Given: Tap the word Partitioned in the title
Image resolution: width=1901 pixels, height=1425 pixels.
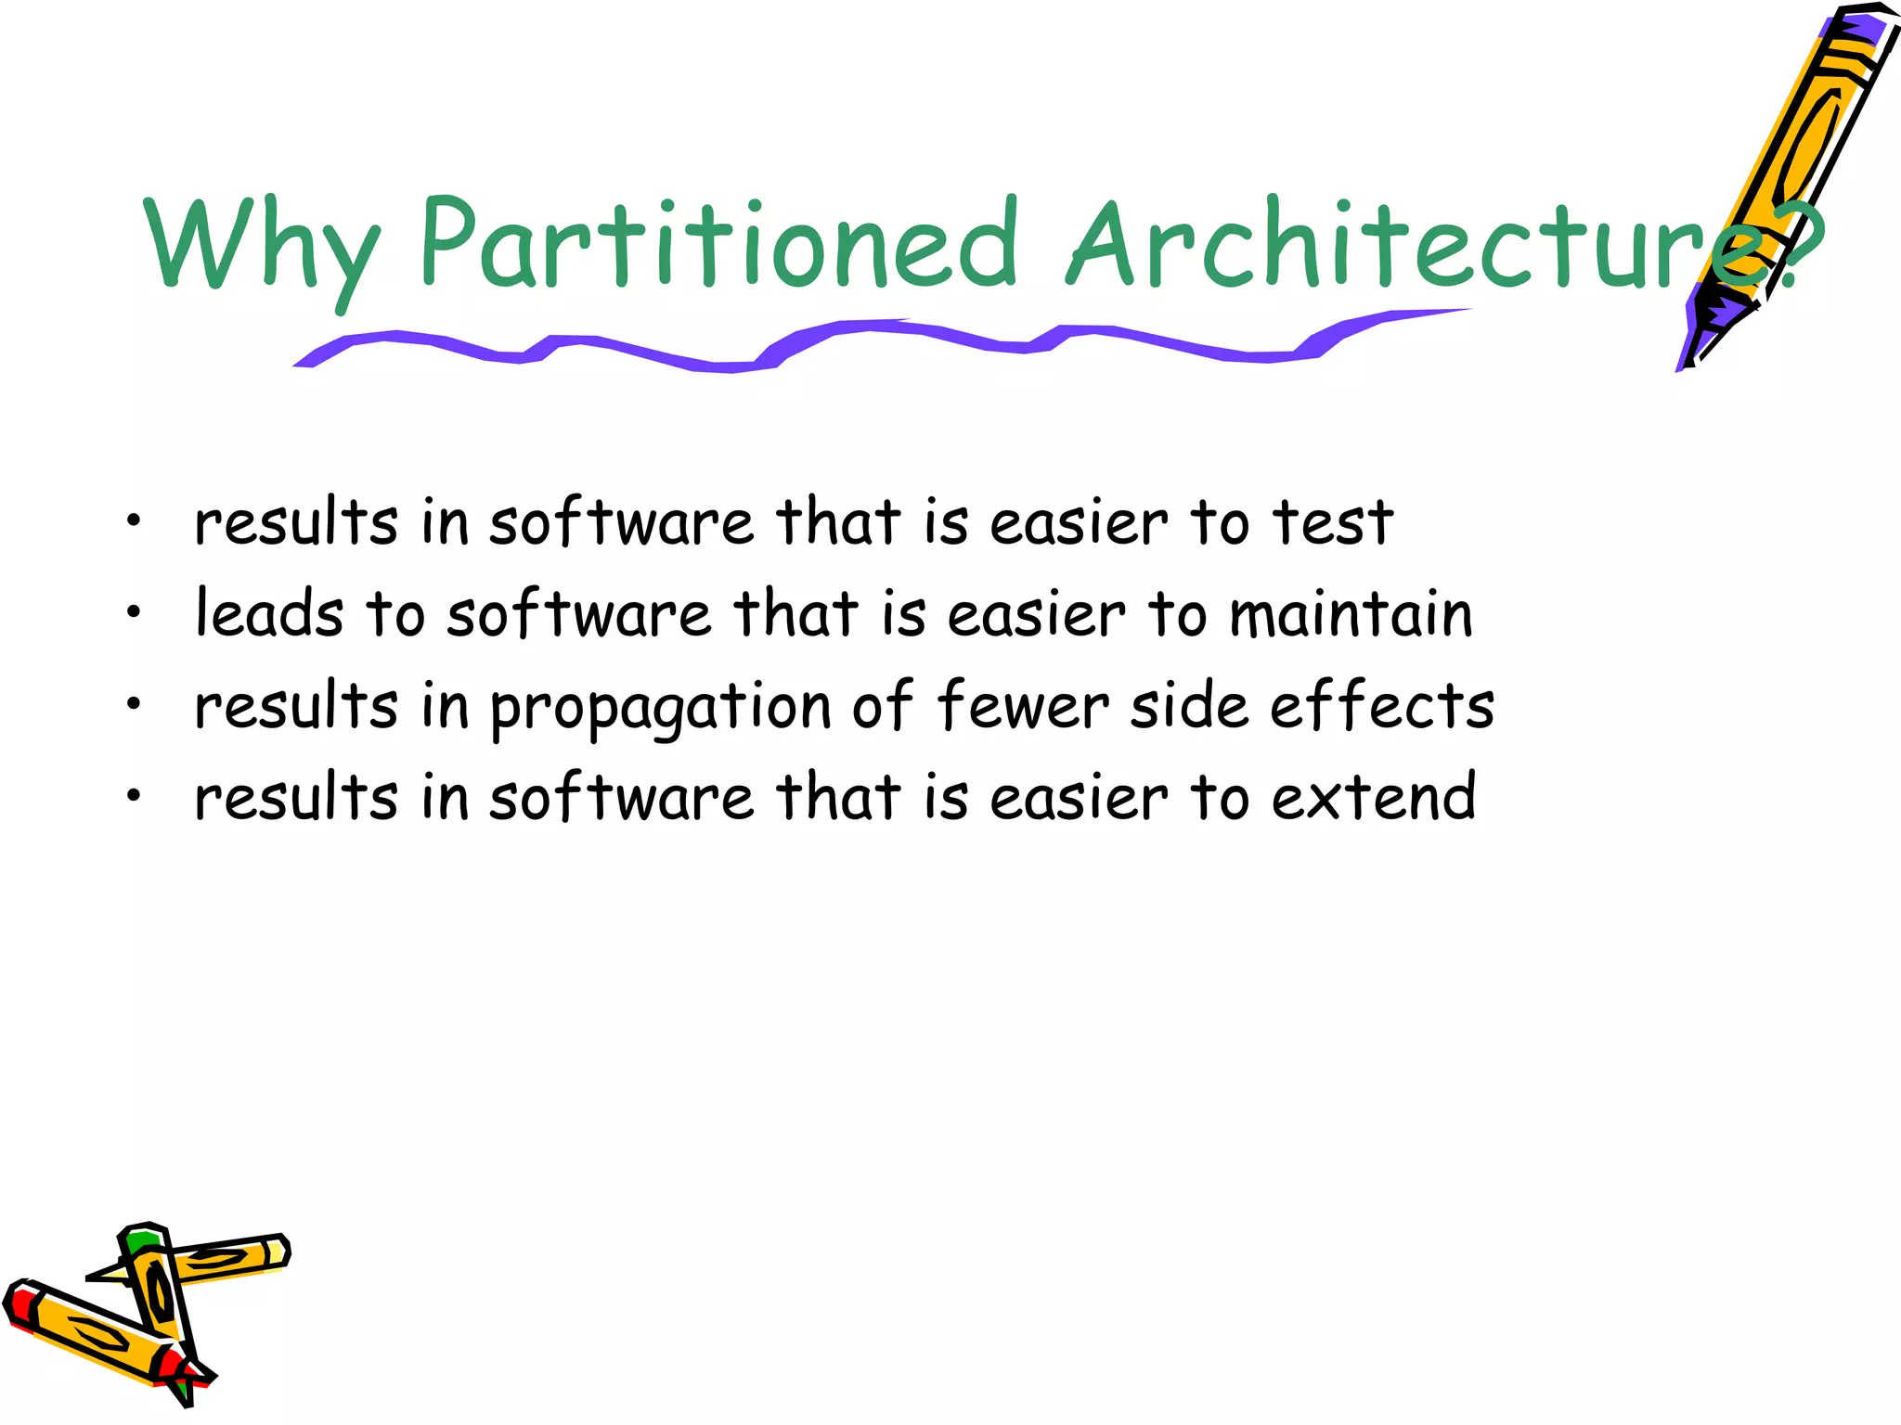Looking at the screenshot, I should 719,243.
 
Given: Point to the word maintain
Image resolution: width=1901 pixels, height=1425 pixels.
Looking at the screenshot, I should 1351,614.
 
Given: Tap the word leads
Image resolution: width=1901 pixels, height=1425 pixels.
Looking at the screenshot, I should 269,614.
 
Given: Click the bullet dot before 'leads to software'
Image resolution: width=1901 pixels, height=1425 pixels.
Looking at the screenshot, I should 135,612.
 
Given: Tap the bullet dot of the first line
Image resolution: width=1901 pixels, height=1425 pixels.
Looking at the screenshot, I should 135,521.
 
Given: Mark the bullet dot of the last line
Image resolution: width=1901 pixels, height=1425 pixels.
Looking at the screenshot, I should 135,795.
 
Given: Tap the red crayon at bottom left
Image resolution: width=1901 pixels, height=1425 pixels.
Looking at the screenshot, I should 93,1336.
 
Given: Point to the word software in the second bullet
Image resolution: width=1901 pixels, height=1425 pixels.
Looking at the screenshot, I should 578,614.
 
